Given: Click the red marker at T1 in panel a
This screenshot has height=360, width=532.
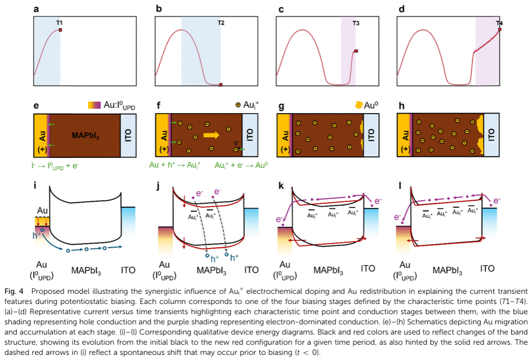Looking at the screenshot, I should [61, 31].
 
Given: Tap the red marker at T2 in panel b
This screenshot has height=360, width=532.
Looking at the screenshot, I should [220, 85].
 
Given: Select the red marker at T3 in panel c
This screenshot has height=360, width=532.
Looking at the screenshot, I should [356, 51].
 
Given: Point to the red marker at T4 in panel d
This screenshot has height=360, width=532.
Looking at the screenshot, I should [499, 30].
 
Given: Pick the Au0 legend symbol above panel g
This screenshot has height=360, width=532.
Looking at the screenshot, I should [359, 105].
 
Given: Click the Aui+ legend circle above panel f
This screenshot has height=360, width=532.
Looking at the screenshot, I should [238, 105].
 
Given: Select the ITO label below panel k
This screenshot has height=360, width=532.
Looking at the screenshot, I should [368, 268].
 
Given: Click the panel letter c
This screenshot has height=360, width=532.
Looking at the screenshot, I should [277, 9].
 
